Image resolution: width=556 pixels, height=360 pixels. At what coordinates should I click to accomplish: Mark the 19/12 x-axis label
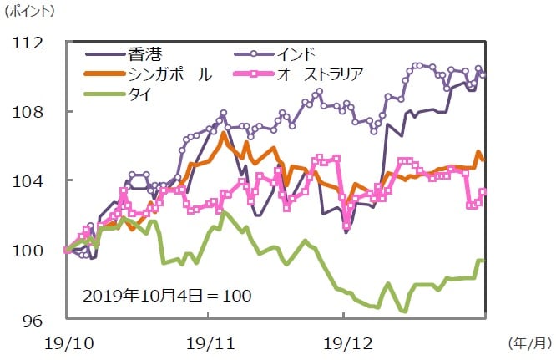(x=344, y=342)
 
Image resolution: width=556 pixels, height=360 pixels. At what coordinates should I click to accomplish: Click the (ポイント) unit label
(x=32, y=13)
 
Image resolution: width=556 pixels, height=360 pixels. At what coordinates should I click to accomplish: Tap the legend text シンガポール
(x=169, y=74)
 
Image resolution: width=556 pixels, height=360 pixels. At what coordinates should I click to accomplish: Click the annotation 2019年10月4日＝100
(x=167, y=296)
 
